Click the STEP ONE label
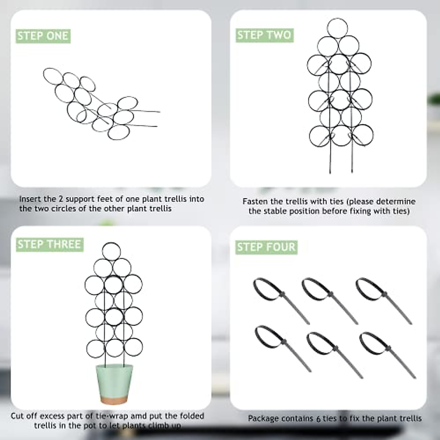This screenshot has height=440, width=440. click(43, 36)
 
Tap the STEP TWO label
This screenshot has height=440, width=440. click(264, 35)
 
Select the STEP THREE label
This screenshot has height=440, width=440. click(49, 244)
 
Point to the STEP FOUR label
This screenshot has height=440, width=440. click(266, 247)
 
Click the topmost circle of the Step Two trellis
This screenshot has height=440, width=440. click(337, 28)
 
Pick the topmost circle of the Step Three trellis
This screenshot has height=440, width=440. click(111, 252)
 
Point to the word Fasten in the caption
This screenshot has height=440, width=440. click(254, 201)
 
